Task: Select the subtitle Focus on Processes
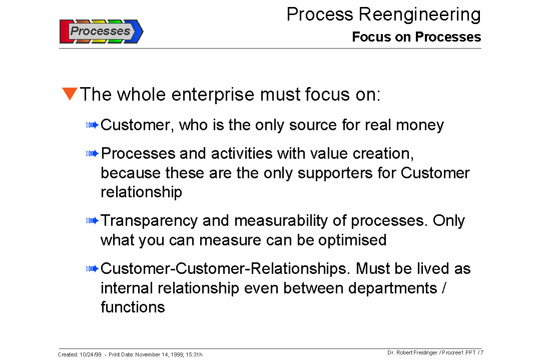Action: click(416, 37)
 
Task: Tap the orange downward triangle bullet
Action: click(70, 94)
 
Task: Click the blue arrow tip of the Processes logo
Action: click(138, 32)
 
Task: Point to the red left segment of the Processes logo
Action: click(64, 32)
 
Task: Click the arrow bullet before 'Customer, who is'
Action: click(93, 125)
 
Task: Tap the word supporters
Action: click(347, 173)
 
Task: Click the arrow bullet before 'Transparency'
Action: click(93, 220)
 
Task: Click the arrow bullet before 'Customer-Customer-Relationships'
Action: click(93, 269)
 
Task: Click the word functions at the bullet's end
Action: click(133, 307)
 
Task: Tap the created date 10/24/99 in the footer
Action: click(90, 354)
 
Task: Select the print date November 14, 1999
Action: click(161, 354)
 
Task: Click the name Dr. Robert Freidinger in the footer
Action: click(412, 352)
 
